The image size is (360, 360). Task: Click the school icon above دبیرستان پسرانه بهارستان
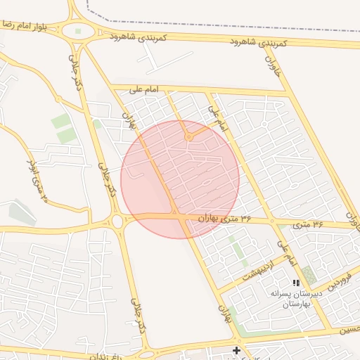click(x=296, y=283)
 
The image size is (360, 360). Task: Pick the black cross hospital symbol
click(x=237, y=349)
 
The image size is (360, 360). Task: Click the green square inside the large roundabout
click(x=78, y=31)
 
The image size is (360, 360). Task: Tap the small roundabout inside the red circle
click(x=188, y=137)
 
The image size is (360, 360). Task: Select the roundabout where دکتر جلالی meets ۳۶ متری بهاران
click(x=117, y=221)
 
